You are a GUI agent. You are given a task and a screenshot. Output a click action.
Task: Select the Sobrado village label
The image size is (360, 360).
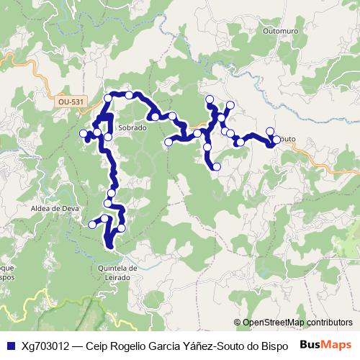click(131, 127)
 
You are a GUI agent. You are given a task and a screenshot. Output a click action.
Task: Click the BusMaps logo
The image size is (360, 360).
click(325, 345)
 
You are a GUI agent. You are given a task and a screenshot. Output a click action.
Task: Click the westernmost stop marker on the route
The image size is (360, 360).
click(83, 133)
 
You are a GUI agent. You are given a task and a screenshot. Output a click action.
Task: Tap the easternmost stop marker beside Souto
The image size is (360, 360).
click(276, 139)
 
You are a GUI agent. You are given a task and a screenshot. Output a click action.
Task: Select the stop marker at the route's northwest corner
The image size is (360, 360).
click(108, 97)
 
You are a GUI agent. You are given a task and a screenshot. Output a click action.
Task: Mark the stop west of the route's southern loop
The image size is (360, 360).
click(92, 225)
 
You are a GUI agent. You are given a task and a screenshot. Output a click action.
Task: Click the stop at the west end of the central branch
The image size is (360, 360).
click(168, 143)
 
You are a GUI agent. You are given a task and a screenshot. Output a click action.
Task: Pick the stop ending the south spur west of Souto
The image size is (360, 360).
click(217, 167)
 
